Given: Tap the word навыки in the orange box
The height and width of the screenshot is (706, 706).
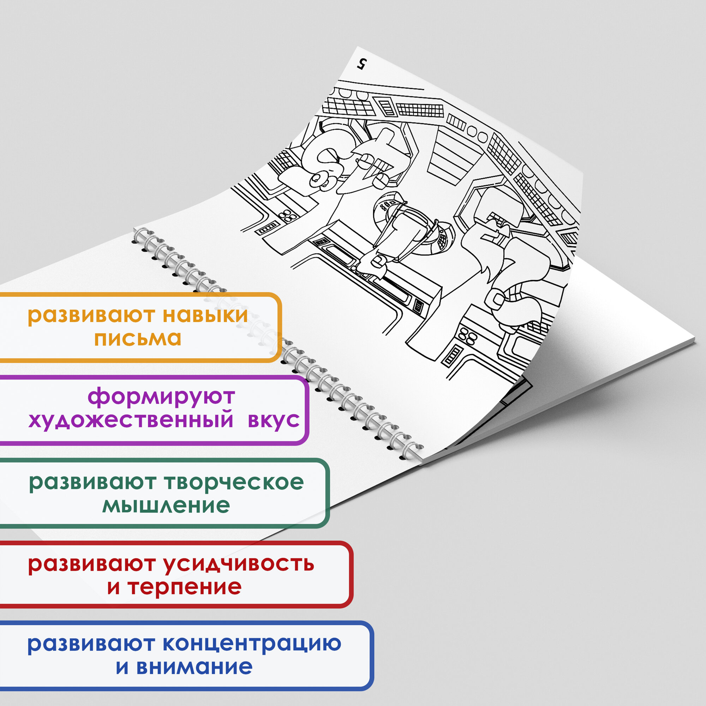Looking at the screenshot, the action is (x=205, y=315).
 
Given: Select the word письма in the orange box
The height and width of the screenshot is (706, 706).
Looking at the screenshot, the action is (x=138, y=339).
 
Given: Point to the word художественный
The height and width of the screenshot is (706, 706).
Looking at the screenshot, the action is (x=131, y=420).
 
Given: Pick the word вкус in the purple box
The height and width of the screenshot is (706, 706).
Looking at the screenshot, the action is (x=274, y=420).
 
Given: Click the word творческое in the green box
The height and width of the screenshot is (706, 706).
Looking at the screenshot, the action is (x=234, y=483).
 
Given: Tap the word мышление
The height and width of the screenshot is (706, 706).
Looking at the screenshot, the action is (x=166, y=506).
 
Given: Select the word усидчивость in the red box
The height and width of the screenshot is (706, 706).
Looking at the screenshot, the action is (x=238, y=564).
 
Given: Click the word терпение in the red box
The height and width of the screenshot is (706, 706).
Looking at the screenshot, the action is (x=185, y=588).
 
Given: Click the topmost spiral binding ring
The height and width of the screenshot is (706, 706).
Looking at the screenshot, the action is (x=140, y=234).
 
